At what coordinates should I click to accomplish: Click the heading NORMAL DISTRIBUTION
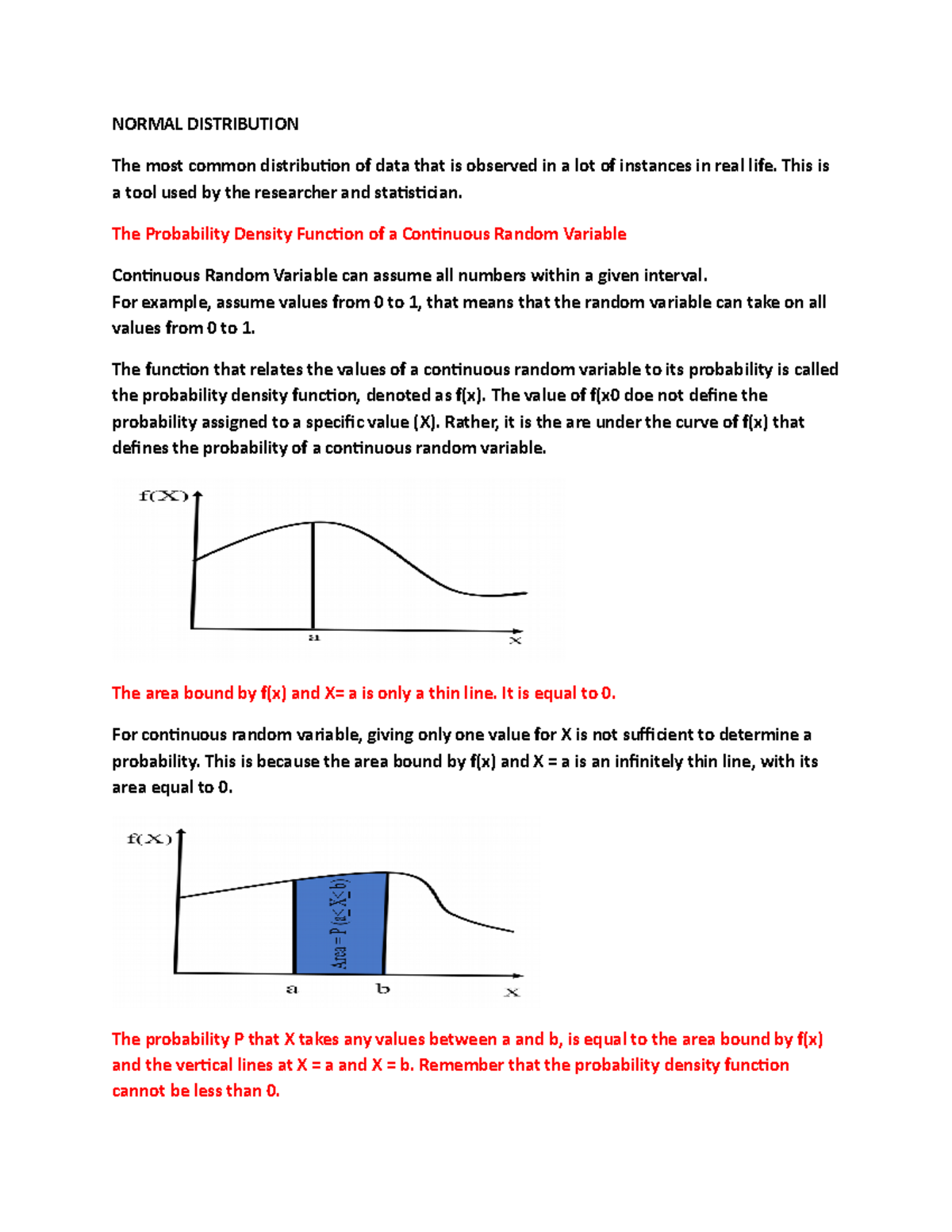pos(205,124)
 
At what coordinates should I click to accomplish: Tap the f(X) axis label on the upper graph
pos(163,496)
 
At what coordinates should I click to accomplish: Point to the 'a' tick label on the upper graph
pos(314,638)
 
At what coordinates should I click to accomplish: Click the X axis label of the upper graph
pos(516,640)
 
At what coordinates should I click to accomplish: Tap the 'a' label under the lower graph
pos(292,989)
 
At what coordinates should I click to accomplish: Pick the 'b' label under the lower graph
pos(383,988)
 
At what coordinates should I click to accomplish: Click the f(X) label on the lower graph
pos(149,839)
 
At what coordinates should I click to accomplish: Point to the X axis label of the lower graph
pos(512,992)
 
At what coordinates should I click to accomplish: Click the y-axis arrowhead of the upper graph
pos(198,496)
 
